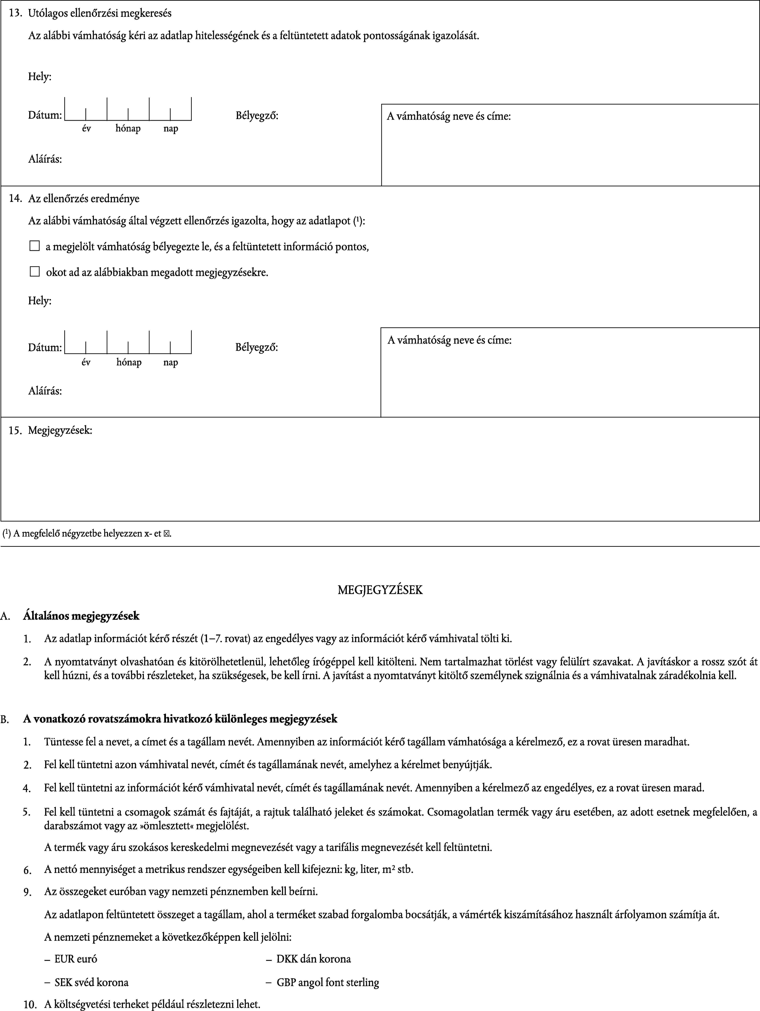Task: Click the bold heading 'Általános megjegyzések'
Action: pos(81,616)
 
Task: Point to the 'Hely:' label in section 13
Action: pos(40,76)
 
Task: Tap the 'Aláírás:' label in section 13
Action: pos(45,159)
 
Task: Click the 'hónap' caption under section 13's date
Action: pos(128,128)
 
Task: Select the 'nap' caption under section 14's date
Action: pos(170,362)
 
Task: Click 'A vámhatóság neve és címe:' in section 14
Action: pos(449,340)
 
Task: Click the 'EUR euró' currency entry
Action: pos(75,958)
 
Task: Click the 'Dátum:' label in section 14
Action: pos(45,347)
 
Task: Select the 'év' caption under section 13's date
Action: pos(86,128)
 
